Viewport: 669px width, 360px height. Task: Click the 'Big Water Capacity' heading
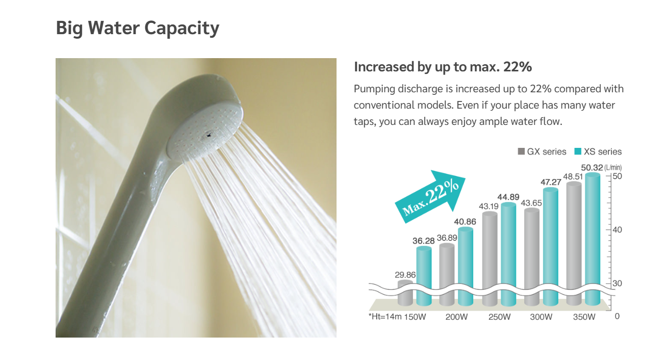click(x=137, y=29)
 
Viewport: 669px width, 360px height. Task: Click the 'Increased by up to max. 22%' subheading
click(x=443, y=67)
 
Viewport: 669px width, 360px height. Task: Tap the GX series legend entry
click(x=542, y=151)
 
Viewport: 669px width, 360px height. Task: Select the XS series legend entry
click(x=598, y=151)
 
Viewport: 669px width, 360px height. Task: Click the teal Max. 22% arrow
click(x=430, y=197)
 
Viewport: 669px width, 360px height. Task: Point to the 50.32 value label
click(x=592, y=168)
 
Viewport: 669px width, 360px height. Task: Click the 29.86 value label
click(x=405, y=275)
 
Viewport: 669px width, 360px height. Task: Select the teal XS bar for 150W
click(x=424, y=276)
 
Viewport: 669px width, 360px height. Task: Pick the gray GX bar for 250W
click(x=490, y=259)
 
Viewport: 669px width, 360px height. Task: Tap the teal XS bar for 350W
click(x=593, y=239)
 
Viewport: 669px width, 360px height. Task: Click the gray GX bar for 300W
click(x=532, y=257)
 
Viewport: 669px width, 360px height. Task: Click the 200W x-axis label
click(x=456, y=317)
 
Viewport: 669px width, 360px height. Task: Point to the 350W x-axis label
click(x=584, y=317)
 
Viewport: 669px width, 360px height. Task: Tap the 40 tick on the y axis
click(x=617, y=230)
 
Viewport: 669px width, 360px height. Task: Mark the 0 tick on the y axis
click(x=617, y=316)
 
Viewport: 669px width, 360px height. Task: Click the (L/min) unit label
click(x=613, y=168)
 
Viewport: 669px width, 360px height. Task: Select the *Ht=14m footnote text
click(x=385, y=316)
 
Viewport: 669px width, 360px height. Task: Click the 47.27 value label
click(x=551, y=182)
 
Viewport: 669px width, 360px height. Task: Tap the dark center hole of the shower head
click(x=208, y=136)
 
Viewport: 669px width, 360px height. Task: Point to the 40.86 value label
click(x=465, y=222)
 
